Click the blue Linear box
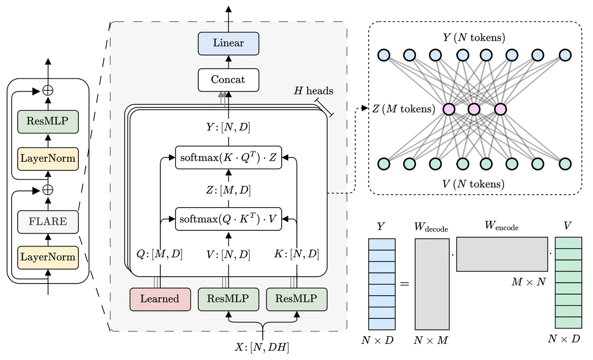pos(228,44)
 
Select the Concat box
pos(228,80)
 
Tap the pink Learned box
pos(160,299)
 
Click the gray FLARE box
pos(48,222)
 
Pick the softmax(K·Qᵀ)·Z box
pos(228,158)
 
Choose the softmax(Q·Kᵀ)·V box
pos(228,219)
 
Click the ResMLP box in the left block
pos(48,121)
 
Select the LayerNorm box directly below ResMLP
pos(48,159)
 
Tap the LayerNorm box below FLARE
pos(48,258)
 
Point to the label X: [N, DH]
pos(262,347)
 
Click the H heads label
pos(314,91)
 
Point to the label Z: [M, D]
pos(228,190)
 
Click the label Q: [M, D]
pos(159,254)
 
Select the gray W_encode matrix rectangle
pos(502,254)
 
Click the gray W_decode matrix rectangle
pos(432,284)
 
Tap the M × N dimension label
pos(529,282)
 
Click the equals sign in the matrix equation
pos(404,284)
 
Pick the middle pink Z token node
pos(474,109)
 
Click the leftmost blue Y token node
pos(384,55)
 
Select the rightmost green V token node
pos(565,164)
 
